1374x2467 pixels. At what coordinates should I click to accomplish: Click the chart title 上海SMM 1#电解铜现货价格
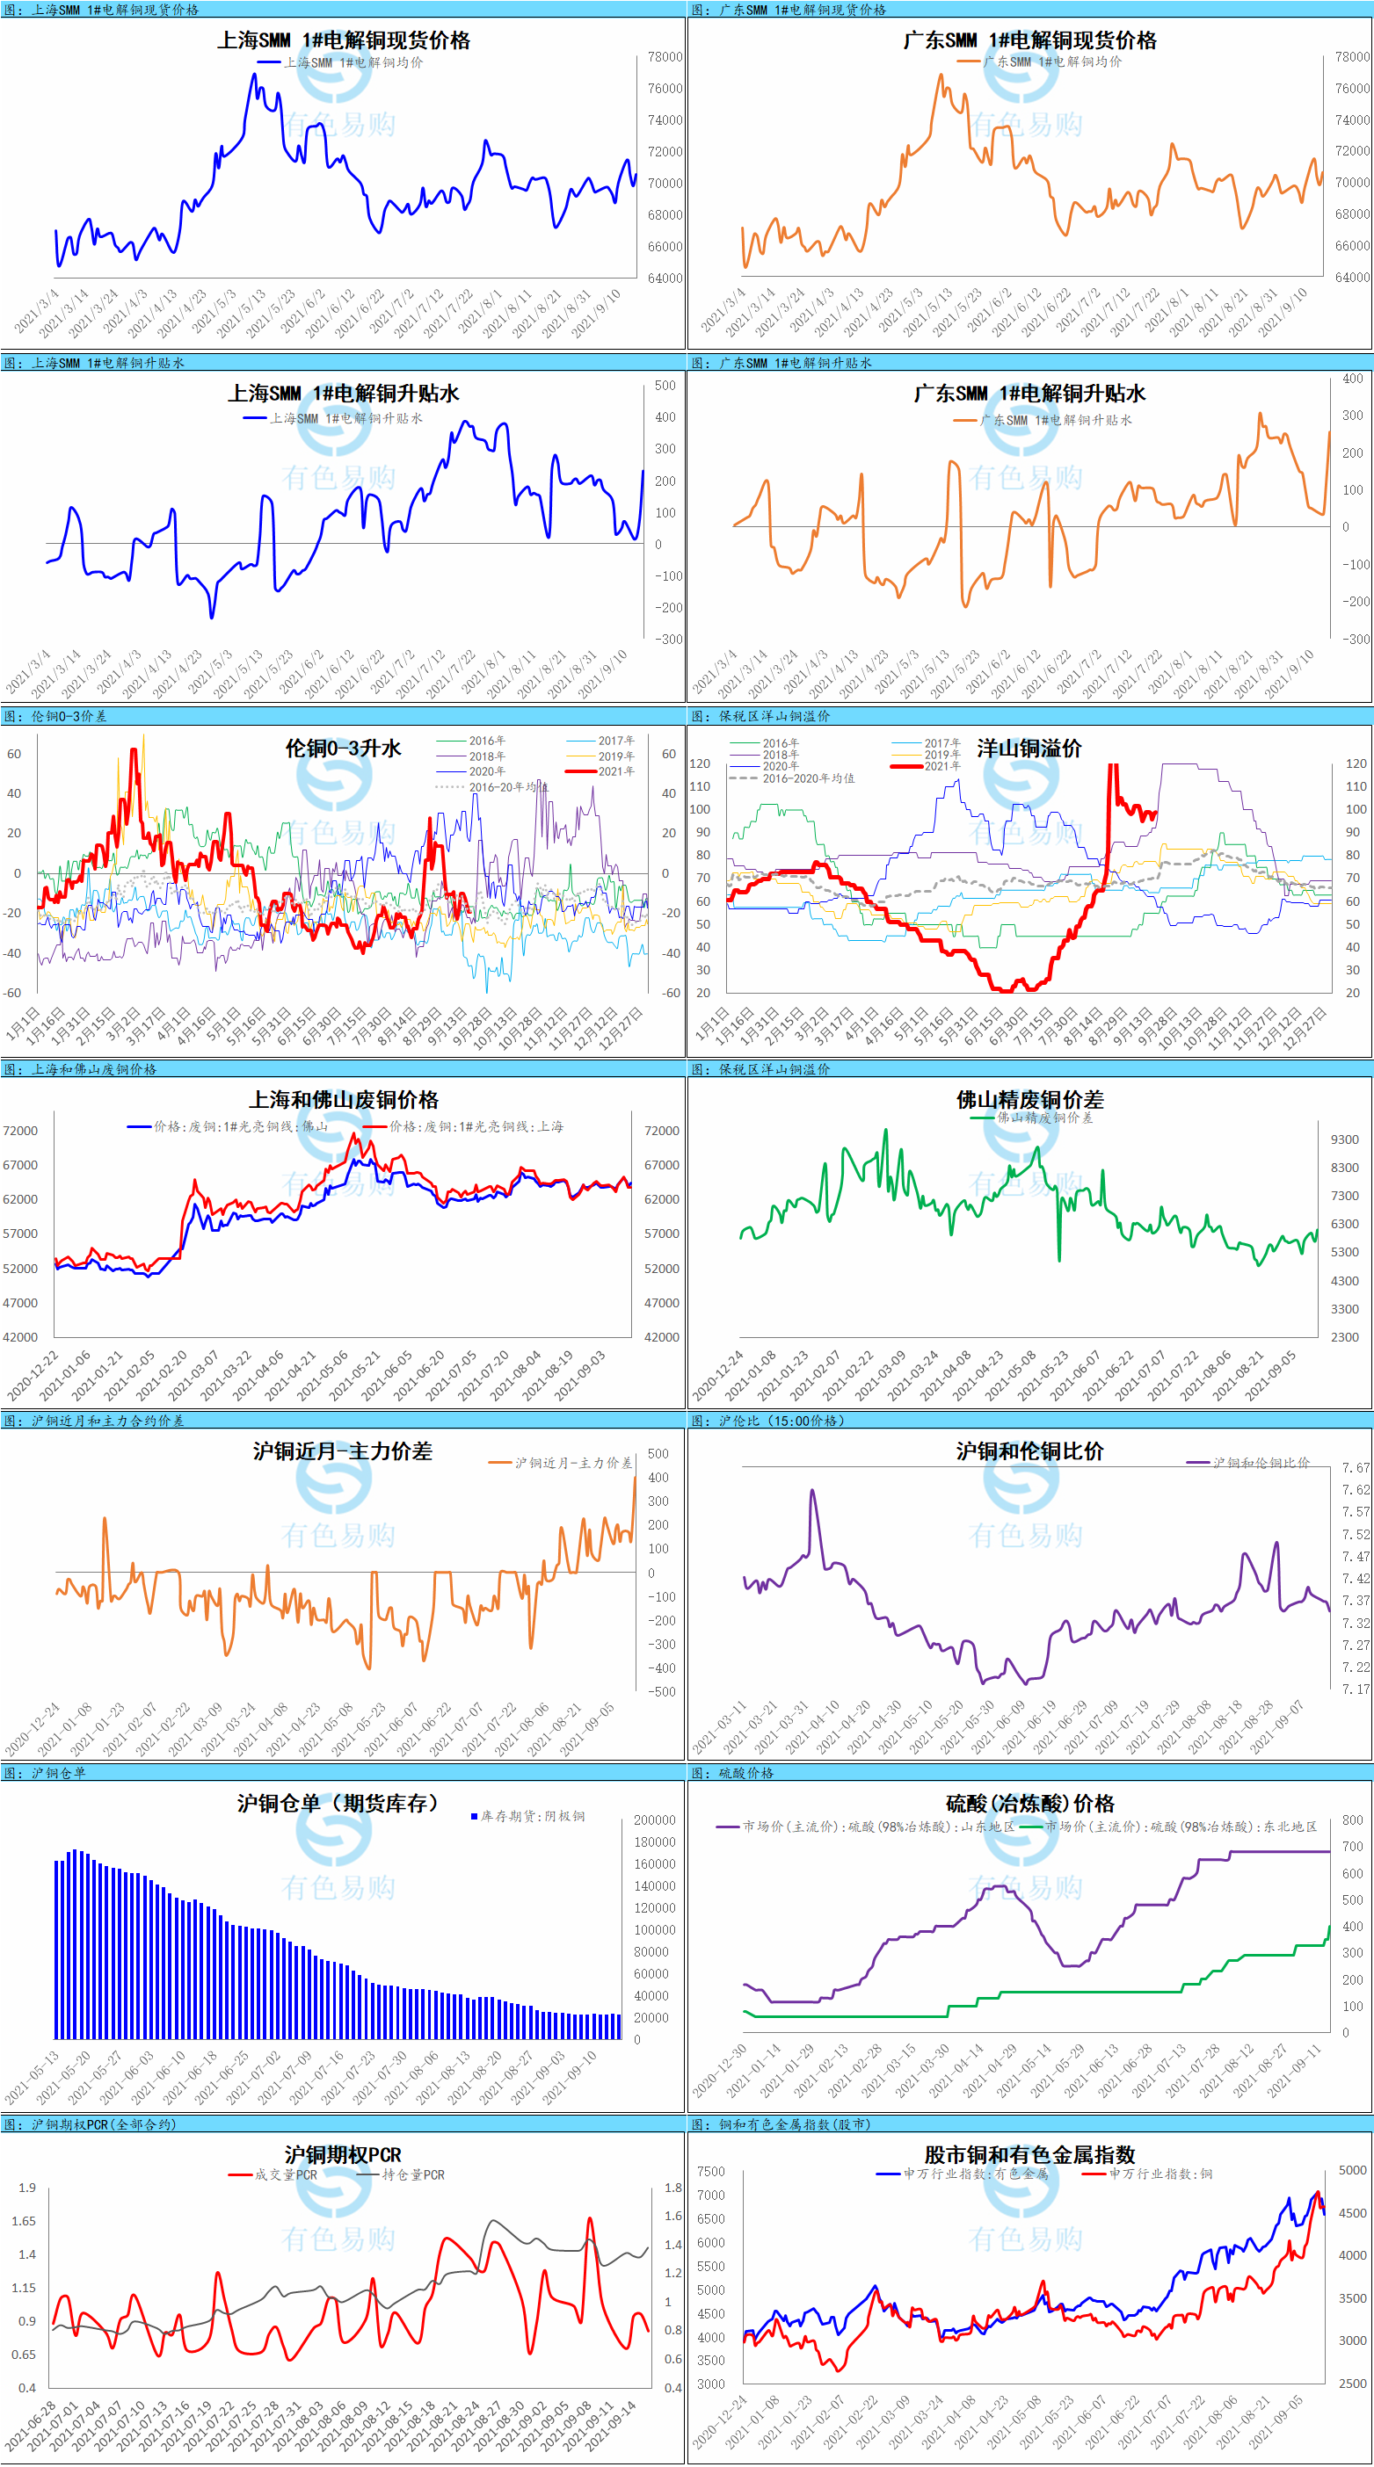coord(343,40)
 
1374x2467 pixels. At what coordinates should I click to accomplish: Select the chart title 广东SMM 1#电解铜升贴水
coord(1029,394)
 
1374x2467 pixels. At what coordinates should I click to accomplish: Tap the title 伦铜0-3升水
coord(343,748)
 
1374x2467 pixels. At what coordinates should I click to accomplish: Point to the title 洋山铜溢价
coord(1029,748)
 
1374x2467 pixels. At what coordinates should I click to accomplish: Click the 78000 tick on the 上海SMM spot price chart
coord(665,56)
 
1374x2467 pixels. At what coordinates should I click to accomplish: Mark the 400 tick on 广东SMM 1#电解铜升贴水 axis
coord(1352,379)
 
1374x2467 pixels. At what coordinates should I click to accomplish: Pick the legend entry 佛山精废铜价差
coord(1043,1118)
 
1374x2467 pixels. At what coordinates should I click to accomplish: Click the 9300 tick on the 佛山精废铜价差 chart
coord(1344,1139)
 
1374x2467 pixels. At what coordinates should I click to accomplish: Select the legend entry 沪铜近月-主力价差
coord(573,1463)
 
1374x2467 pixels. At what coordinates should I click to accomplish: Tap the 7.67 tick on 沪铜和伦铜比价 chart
coord(1356,1467)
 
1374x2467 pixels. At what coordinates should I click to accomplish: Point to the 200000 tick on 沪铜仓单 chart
coord(654,1820)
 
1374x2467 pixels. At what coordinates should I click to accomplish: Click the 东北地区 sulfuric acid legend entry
coord(1180,1827)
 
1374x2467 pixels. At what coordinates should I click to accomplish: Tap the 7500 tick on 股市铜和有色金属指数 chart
coord(711,2171)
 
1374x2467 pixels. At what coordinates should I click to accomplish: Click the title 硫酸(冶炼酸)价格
coord(1029,1805)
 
